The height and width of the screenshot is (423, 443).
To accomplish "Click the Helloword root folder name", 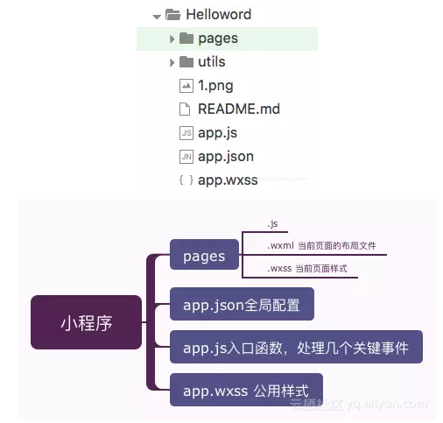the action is (x=219, y=14).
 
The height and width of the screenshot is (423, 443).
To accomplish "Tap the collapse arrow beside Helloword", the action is (x=157, y=17).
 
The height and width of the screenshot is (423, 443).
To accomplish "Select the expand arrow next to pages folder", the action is (x=172, y=39).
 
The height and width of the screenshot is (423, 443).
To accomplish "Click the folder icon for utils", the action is (x=186, y=61).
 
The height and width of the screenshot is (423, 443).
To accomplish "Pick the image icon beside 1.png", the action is (x=186, y=86).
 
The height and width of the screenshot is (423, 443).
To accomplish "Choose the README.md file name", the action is (x=239, y=109).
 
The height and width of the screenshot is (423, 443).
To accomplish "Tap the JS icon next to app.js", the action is (x=186, y=133).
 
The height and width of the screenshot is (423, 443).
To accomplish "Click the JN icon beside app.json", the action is (x=186, y=157).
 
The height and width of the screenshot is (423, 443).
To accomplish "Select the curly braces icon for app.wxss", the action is (x=186, y=180).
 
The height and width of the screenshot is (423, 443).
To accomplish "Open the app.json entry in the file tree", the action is (x=226, y=157).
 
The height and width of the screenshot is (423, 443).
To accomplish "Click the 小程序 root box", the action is (x=86, y=322).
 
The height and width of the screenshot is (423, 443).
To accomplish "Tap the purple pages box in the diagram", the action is (x=204, y=254).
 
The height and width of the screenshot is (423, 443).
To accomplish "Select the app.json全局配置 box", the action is (x=242, y=304).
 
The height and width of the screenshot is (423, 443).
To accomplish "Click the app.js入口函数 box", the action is (x=296, y=347).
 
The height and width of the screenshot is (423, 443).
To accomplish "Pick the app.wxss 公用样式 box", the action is (x=246, y=390).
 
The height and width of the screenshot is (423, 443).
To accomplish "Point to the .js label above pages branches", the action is (x=272, y=224).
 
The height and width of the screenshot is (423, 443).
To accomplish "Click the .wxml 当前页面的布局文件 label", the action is (x=321, y=246).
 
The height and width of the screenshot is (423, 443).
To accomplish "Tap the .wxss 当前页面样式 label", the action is (x=307, y=269).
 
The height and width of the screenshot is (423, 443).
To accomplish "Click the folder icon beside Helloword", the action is (x=173, y=14).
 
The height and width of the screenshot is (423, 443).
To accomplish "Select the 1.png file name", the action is (x=215, y=86).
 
